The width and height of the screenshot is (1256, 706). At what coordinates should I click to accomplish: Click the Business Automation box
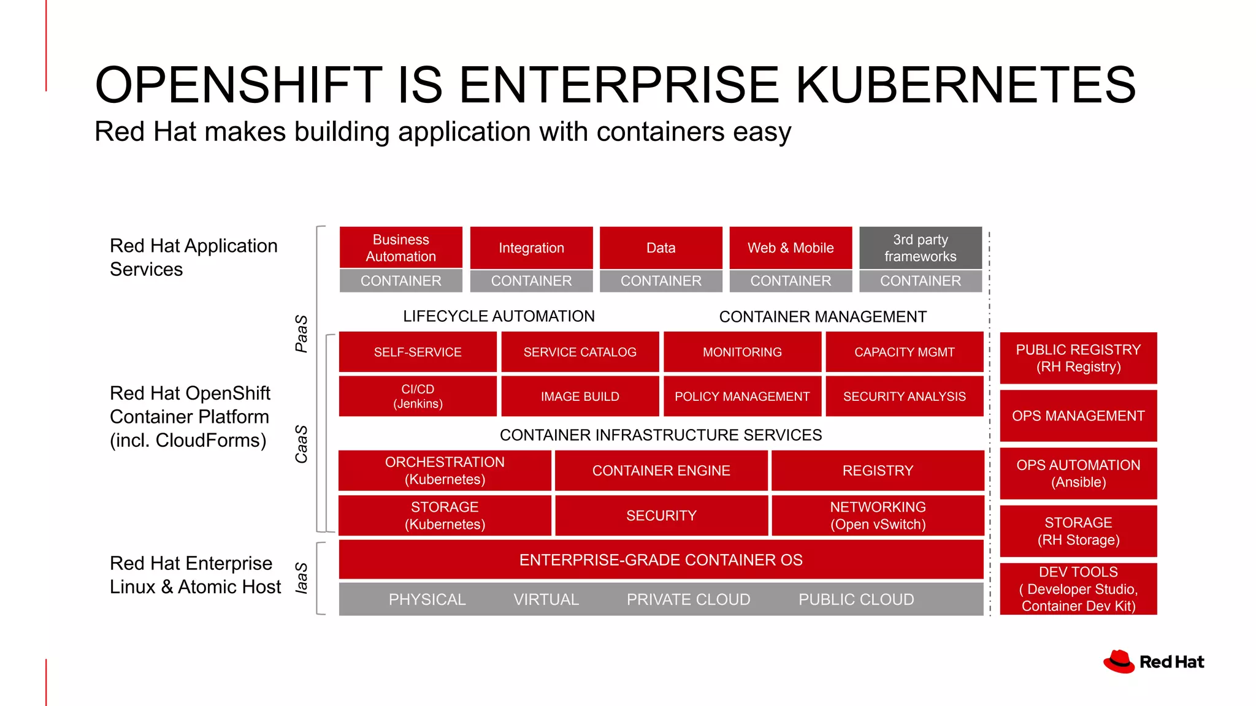coord(400,248)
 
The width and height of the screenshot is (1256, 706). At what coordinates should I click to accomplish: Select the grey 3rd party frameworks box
coord(920,248)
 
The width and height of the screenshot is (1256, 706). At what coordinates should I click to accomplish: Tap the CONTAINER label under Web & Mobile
coord(791,281)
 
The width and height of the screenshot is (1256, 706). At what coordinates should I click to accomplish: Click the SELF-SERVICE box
coord(418,352)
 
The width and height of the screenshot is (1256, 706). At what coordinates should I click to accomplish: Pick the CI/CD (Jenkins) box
coord(418,396)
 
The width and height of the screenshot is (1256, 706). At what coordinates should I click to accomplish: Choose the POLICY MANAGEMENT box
coord(742,396)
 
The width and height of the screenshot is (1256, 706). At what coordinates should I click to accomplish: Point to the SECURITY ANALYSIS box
coord(904,396)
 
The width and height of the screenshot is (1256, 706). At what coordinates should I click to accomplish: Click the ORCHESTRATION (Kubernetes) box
coord(445,470)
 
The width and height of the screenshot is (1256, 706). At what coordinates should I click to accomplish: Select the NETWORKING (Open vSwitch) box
coord(878,515)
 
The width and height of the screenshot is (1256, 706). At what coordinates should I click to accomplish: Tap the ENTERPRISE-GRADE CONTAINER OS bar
coord(661,560)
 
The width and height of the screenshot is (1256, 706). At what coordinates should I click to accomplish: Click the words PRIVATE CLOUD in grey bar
coord(688,599)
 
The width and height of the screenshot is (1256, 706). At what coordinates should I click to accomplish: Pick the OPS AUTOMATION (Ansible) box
coord(1078,473)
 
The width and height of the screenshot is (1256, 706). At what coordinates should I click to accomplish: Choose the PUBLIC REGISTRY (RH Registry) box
coord(1078,358)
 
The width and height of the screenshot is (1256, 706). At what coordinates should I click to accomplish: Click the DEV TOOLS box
coord(1078,588)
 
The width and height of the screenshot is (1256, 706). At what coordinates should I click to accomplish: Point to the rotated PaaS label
coord(301,333)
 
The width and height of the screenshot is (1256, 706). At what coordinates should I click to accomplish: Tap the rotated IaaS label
coord(301,578)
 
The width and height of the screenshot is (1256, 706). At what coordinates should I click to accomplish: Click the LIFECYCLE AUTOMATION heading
coord(499,316)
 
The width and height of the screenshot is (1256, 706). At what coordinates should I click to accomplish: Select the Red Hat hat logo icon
coord(1119,661)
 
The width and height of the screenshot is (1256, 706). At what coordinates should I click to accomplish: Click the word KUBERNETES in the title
coord(966,85)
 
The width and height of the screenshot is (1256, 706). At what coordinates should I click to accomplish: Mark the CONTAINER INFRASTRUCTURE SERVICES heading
coord(661,435)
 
